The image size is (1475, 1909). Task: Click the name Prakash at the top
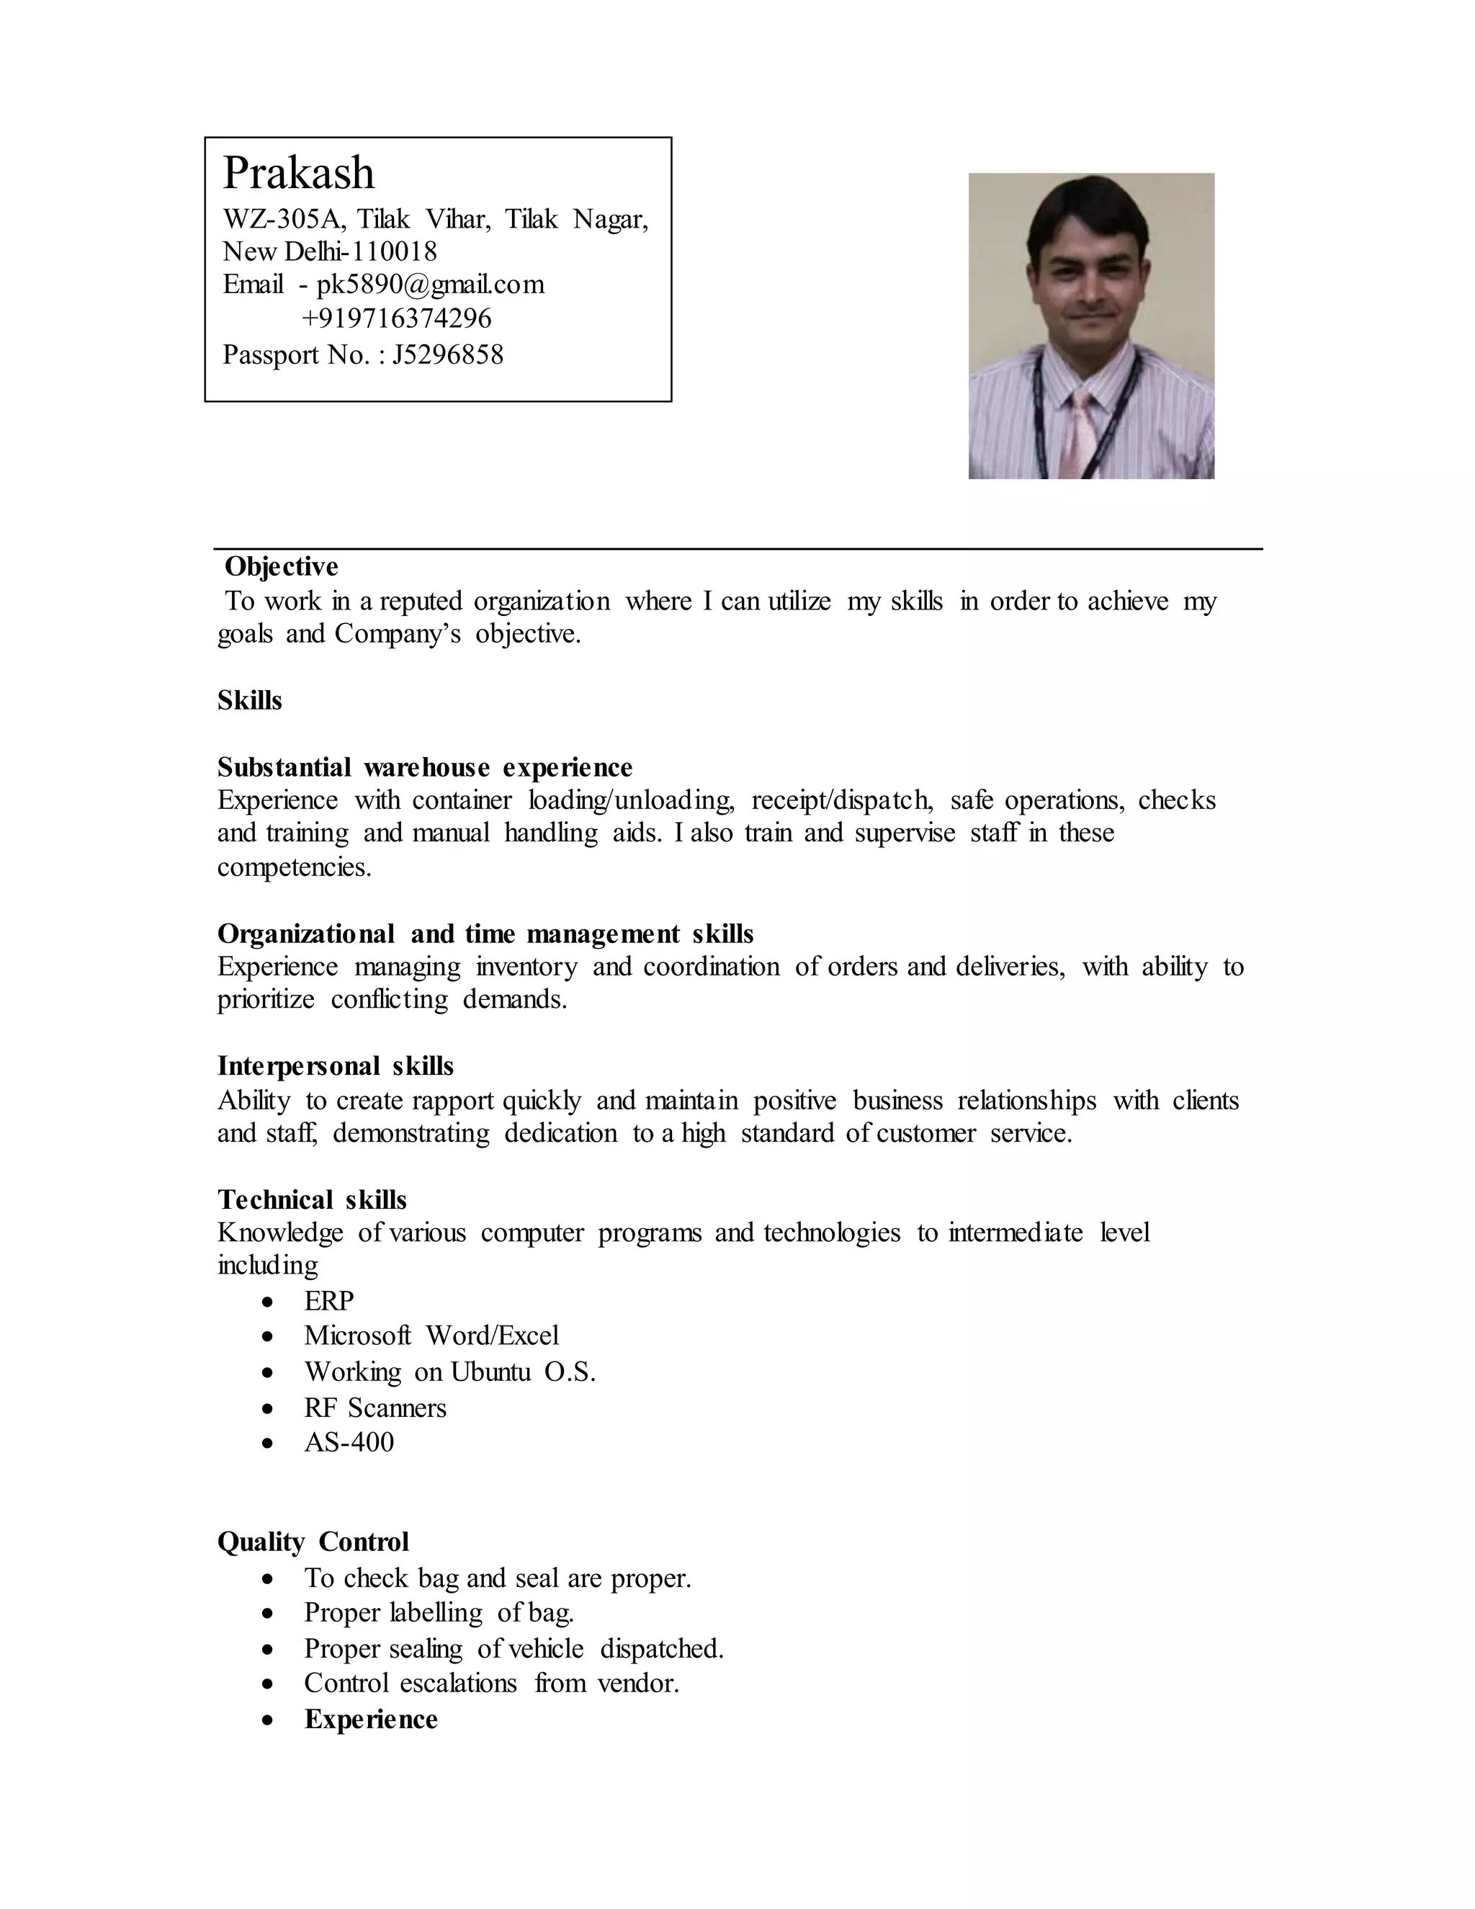coord(299,173)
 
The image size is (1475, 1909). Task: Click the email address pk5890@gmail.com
coord(430,285)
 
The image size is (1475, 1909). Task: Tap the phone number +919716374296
coord(397,319)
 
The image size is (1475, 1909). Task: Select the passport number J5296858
coord(448,355)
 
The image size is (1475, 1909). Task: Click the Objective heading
coord(282,566)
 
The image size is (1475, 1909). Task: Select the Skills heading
coord(250,701)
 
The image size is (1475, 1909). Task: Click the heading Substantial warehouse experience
coord(425,767)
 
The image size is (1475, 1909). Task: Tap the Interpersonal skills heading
coord(336,1066)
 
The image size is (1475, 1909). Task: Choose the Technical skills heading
coord(312,1199)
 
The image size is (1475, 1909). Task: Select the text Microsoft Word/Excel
coord(431,1336)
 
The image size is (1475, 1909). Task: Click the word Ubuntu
coord(490,1372)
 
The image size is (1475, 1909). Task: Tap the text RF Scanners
coord(375,1408)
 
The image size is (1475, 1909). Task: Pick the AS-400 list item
coord(349,1442)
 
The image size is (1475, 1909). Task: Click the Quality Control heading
coord(313,1542)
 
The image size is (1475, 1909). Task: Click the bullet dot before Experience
coord(268,1720)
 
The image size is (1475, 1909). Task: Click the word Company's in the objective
coord(397,635)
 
